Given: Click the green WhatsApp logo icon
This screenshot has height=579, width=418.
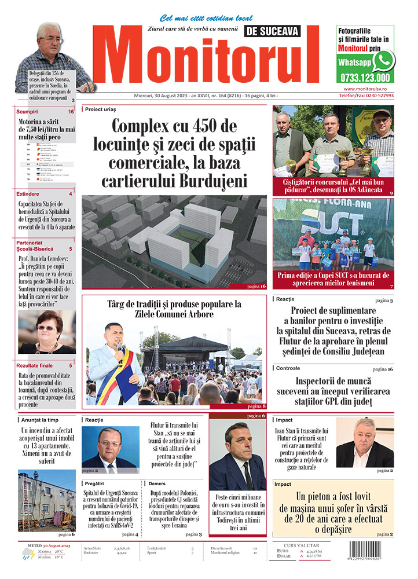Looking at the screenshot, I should point(383,60).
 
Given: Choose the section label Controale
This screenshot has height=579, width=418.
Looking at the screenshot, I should point(288,368).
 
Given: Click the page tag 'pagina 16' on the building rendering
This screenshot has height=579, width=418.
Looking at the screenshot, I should point(255,286).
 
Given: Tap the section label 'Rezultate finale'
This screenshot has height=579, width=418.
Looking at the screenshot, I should point(35,366).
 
